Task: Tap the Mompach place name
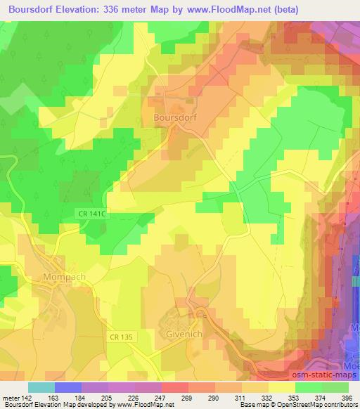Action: click(x=64, y=276)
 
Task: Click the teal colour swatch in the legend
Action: click(x=41, y=387)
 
